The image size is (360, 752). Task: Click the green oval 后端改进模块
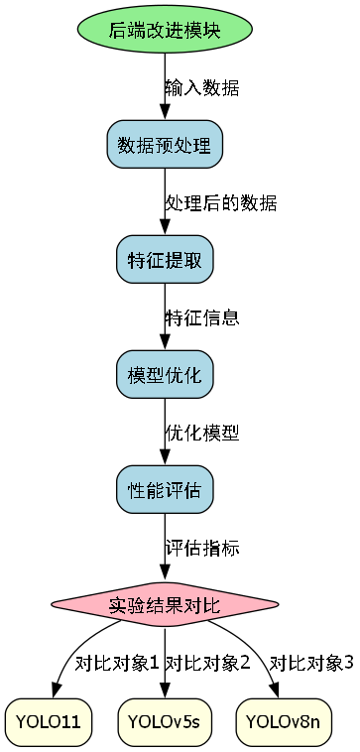pyautogui.click(x=164, y=30)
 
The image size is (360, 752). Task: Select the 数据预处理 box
pyautogui.click(x=164, y=145)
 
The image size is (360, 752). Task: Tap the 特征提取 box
pyautogui.click(x=164, y=260)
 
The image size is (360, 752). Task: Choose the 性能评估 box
pyautogui.click(x=164, y=490)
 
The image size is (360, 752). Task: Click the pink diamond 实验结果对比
pyautogui.click(x=164, y=605)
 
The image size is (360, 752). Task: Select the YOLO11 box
pyautogui.click(x=49, y=720)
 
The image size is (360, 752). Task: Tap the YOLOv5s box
pyautogui.click(x=164, y=720)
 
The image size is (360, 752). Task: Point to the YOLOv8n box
pyautogui.click(x=283, y=720)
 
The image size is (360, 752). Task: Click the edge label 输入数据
pyautogui.click(x=201, y=87)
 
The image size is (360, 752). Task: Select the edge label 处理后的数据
pyautogui.click(x=220, y=202)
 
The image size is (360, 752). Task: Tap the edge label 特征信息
pyautogui.click(x=201, y=317)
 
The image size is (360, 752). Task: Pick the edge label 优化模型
pyautogui.click(x=201, y=433)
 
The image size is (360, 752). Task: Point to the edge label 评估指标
pyautogui.click(x=201, y=548)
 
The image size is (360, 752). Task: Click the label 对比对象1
pyautogui.click(x=117, y=663)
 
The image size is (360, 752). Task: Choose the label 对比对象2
pyautogui.click(x=207, y=663)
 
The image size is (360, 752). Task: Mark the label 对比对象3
pyautogui.click(x=311, y=663)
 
